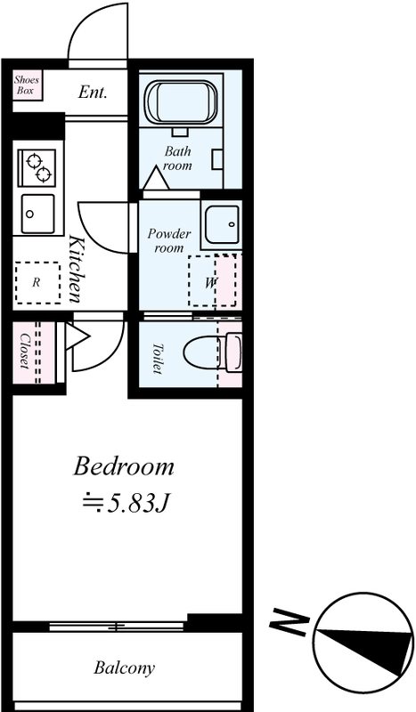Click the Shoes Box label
click(27, 85)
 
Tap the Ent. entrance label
click(93, 93)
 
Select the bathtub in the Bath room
click(181, 102)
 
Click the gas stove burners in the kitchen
click(37, 167)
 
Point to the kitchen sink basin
click(37, 214)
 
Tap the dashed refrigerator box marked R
click(37, 282)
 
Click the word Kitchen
click(76, 269)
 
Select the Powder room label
click(168, 240)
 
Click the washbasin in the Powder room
click(222, 224)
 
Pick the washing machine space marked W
click(212, 280)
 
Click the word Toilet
click(158, 359)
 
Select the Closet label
click(24, 351)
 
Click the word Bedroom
click(124, 467)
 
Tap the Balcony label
click(124, 668)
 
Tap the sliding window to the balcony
click(117, 627)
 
